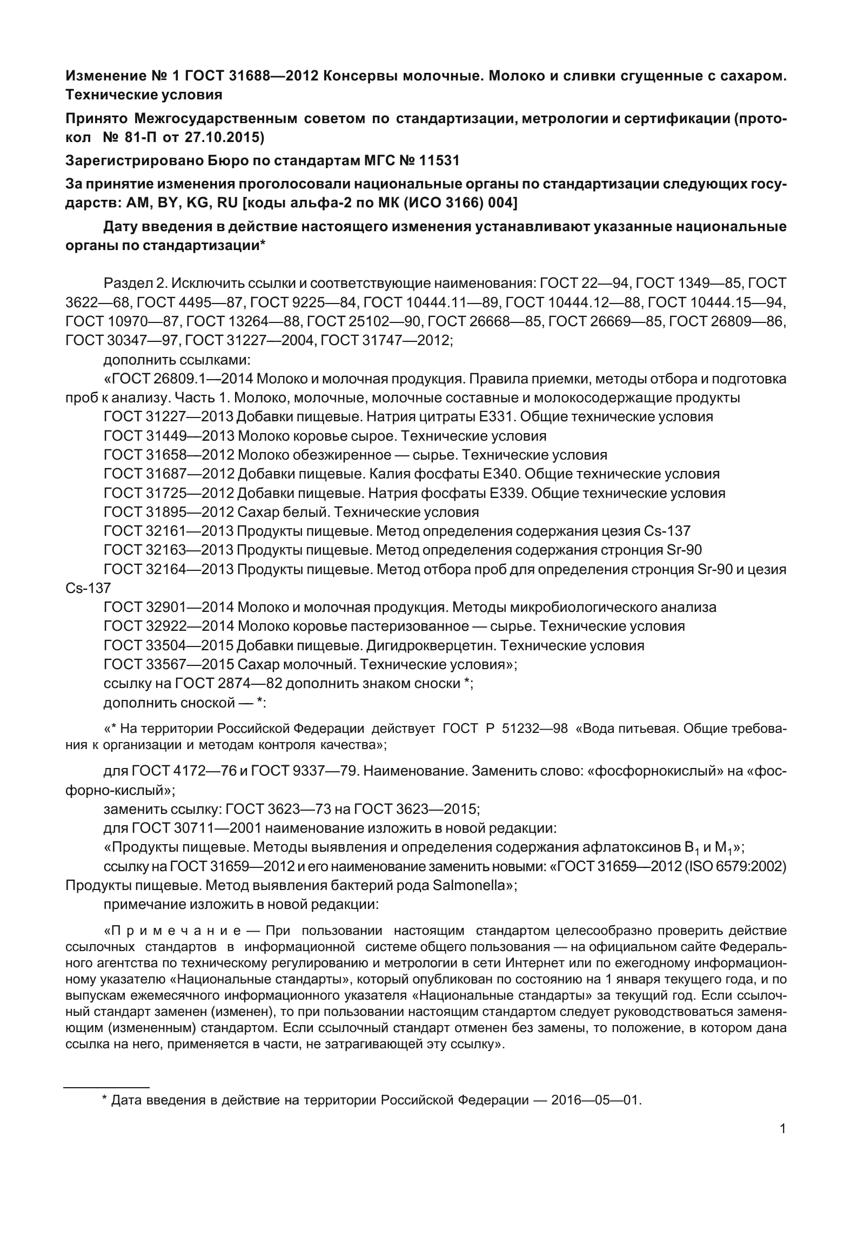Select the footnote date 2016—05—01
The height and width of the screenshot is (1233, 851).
[595, 1100]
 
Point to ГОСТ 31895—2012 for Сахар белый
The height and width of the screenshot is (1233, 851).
[169, 512]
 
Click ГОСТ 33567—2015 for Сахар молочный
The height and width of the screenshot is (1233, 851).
[169, 664]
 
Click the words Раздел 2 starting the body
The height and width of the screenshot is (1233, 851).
[133, 282]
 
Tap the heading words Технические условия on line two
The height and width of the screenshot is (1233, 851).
[144, 95]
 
